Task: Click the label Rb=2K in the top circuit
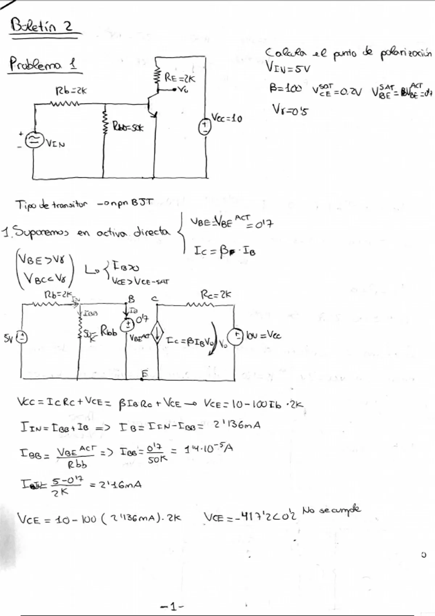(x=71, y=91)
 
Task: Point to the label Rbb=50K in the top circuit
(x=127, y=128)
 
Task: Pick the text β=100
(x=285, y=89)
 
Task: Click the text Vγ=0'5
(x=290, y=109)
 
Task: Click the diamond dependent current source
(x=157, y=336)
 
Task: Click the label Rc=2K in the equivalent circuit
(x=215, y=294)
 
